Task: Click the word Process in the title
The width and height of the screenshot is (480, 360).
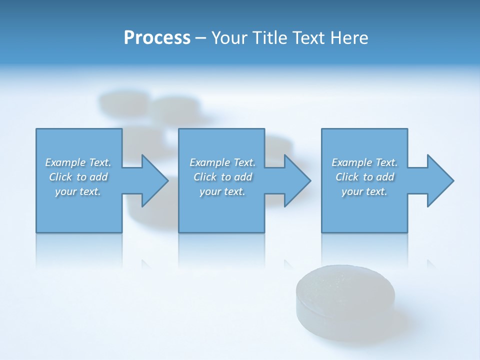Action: (157, 38)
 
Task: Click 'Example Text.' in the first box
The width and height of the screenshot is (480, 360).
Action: (78, 162)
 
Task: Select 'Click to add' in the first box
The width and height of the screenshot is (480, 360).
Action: (78, 177)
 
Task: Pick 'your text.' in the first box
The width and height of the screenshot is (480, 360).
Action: (78, 191)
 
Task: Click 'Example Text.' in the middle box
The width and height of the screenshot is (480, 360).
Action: (222, 162)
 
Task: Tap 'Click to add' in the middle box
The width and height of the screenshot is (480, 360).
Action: (222, 177)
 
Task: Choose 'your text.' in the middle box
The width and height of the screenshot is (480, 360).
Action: (222, 191)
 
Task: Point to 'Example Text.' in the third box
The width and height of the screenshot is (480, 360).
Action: (364, 162)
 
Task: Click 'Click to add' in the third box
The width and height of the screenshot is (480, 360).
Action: (364, 177)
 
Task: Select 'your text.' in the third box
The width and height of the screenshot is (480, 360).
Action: (364, 191)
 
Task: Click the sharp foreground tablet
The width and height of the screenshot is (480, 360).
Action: (345, 295)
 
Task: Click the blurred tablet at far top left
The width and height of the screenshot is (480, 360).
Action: (123, 102)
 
